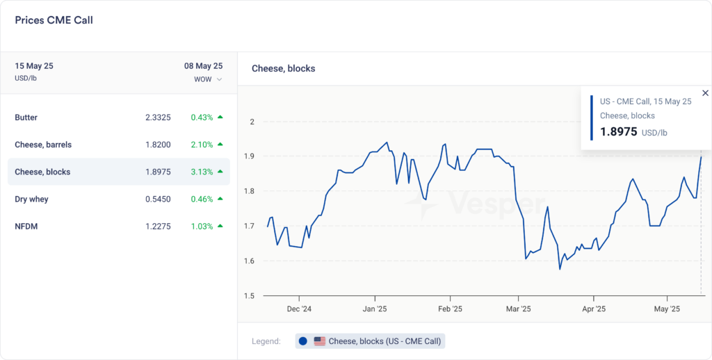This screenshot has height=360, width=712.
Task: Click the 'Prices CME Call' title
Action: (54, 20)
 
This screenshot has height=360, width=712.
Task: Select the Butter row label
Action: (26, 117)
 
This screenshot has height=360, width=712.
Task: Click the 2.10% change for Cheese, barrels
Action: (202, 145)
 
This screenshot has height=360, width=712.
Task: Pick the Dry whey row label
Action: (31, 199)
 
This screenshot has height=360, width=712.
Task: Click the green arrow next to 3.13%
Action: (220, 172)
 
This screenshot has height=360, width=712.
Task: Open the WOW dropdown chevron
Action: (220, 79)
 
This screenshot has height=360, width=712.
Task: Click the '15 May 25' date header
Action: (34, 66)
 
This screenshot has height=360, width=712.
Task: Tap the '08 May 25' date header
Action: (203, 66)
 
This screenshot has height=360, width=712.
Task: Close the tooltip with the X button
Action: (705, 93)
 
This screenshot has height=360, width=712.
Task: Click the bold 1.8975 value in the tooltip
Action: (618, 131)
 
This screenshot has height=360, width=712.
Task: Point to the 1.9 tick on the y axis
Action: (250, 156)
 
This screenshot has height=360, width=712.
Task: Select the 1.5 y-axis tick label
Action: (250, 296)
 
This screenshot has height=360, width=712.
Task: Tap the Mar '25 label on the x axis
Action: (519, 309)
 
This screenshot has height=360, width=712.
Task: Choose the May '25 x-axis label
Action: (667, 309)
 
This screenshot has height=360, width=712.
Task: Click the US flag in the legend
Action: (320, 341)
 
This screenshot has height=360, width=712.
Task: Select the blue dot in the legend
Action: (303, 341)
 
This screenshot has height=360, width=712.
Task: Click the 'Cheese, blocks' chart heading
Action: (283, 69)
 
